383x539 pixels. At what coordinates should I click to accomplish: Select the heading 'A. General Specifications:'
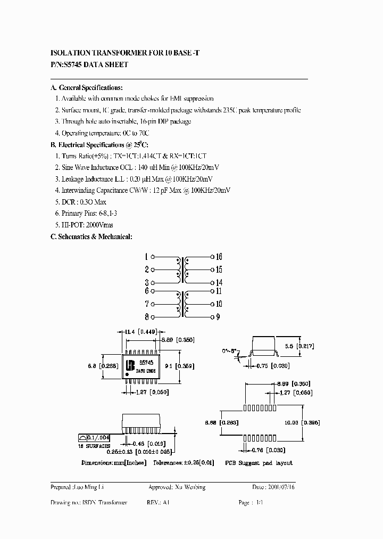(x=86, y=87)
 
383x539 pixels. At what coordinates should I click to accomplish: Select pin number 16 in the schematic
(x=219, y=256)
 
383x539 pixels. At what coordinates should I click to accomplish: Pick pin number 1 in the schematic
(x=146, y=256)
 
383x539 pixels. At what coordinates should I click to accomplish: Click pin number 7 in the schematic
(x=146, y=304)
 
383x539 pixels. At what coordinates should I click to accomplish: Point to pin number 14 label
(x=219, y=283)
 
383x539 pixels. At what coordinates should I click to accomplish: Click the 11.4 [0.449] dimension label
(x=140, y=331)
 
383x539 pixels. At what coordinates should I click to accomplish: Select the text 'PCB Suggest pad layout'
(x=259, y=463)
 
